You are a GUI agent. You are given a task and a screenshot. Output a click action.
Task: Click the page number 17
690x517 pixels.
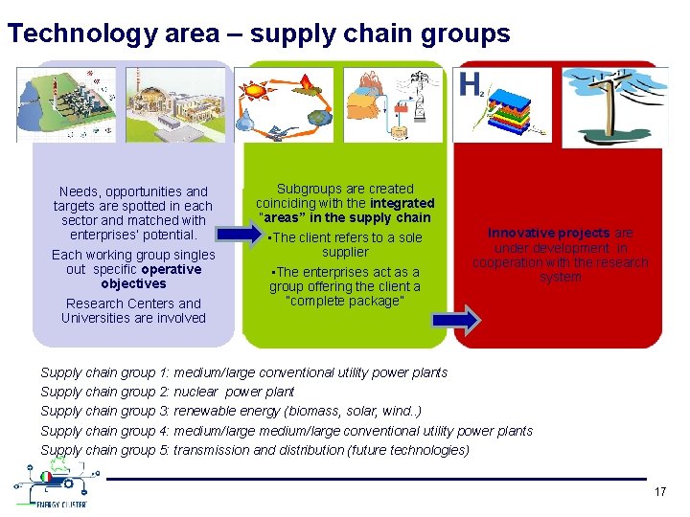(659, 491)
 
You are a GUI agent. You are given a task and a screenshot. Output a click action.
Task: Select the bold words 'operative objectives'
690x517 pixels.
(133, 277)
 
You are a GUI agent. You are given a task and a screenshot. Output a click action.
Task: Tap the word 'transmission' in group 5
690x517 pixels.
(212, 450)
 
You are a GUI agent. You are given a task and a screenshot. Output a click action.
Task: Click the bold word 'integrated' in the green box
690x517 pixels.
(401, 203)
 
